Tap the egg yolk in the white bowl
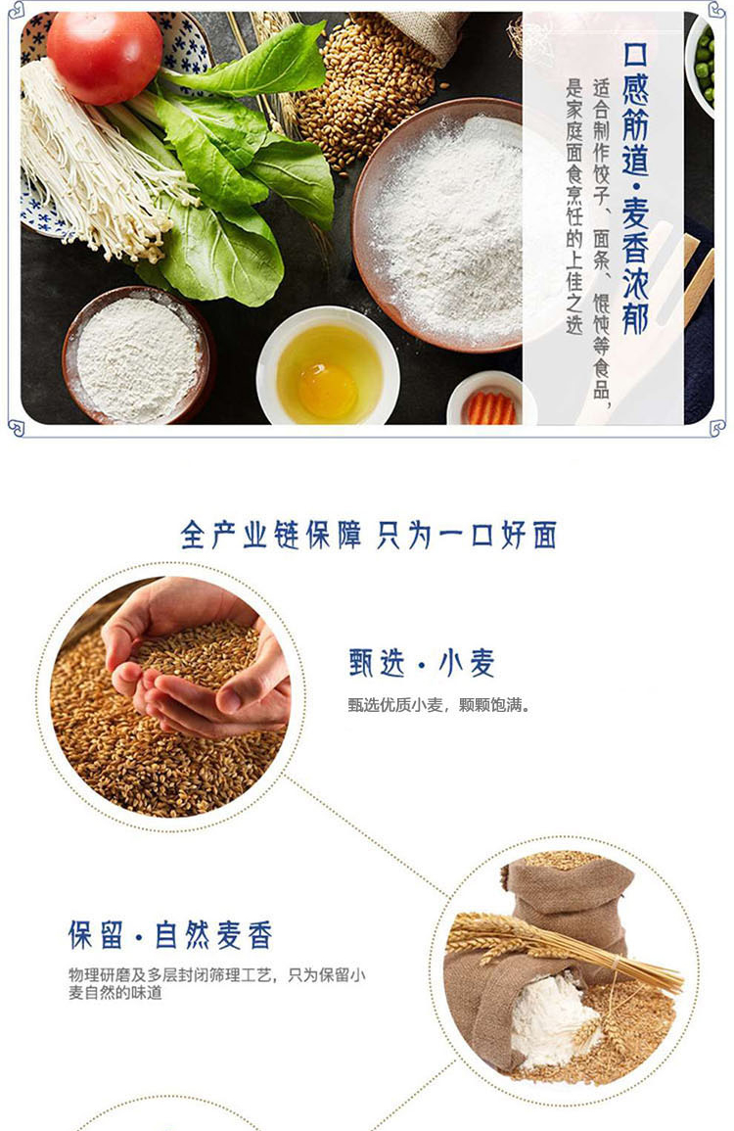coord(328,391)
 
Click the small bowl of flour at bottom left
coord(137,357)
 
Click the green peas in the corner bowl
coord(704,66)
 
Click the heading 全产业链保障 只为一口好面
coord(368,536)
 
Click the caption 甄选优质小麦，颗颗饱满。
coord(438,705)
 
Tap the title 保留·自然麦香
coord(170,935)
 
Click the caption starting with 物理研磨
coord(217,984)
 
